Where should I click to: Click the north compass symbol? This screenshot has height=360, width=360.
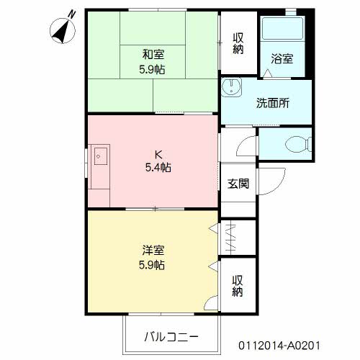pyautogui.click(x=63, y=31)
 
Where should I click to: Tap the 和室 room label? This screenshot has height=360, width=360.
pyautogui.click(x=153, y=55)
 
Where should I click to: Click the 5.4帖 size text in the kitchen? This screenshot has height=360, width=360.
pyautogui.click(x=158, y=167)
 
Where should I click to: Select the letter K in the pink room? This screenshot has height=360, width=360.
pyautogui.click(x=158, y=155)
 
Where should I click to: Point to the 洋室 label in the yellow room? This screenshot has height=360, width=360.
pyautogui.click(x=153, y=251)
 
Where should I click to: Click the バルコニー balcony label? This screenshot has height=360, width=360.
pyautogui.click(x=171, y=337)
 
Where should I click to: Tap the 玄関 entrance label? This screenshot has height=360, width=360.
pyautogui.click(x=238, y=184)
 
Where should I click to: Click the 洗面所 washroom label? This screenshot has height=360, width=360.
pyautogui.click(x=273, y=103)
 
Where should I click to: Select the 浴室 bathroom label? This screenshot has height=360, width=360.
pyautogui.click(x=282, y=59)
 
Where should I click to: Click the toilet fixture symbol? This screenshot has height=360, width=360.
pyautogui.click(x=299, y=144)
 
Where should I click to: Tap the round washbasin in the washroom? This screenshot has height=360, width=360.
pyautogui.click(x=231, y=87)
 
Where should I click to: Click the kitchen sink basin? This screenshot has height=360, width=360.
pyautogui.click(x=101, y=156)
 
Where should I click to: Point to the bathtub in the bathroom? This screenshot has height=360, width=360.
pyautogui.click(x=282, y=28)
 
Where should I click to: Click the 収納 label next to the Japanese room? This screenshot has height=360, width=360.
pyautogui.click(x=238, y=43)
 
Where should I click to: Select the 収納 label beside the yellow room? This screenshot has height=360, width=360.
pyautogui.click(x=238, y=286)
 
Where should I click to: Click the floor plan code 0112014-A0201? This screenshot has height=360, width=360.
pyautogui.click(x=279, y=346)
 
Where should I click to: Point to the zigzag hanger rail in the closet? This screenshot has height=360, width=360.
pyautogui.click(x=230, y=238)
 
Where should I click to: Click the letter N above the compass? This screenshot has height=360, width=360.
pyautogui.click(x=71, y=14)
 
